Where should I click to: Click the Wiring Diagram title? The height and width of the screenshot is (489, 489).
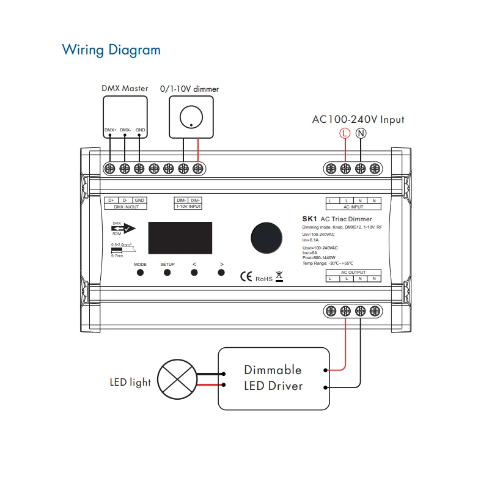pos(111,50)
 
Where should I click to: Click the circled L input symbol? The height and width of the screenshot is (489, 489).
pos(345,133)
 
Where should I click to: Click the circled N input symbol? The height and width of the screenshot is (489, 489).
pos(361,133)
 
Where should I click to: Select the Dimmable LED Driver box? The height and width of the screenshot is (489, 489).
pos(273,378)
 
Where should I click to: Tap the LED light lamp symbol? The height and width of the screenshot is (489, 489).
pos(178,378)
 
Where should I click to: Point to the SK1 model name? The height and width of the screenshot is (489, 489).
pos(309,219)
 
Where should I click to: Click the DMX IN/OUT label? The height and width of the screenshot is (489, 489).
pos(127,207)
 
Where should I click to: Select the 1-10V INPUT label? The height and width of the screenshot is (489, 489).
pos(189,207)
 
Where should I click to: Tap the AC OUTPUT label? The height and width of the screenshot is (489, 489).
pos(353,272)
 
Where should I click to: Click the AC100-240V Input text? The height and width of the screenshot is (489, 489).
pos(358,120)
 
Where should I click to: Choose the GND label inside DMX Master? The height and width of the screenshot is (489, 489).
pos(140,130)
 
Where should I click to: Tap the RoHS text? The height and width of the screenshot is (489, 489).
pos(263,278)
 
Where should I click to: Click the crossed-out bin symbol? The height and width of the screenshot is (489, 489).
pos(279,276)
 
